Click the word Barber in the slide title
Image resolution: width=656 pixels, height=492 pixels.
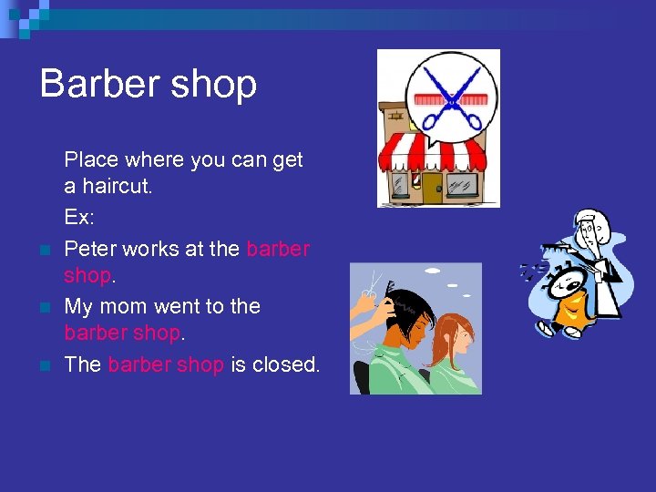[97, 84]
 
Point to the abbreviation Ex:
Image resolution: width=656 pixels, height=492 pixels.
[79, 219]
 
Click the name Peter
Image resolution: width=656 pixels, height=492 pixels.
[90, 248]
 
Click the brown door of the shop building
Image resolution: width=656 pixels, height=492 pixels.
[431, 187]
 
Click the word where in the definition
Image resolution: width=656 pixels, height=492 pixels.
[153, 160]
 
